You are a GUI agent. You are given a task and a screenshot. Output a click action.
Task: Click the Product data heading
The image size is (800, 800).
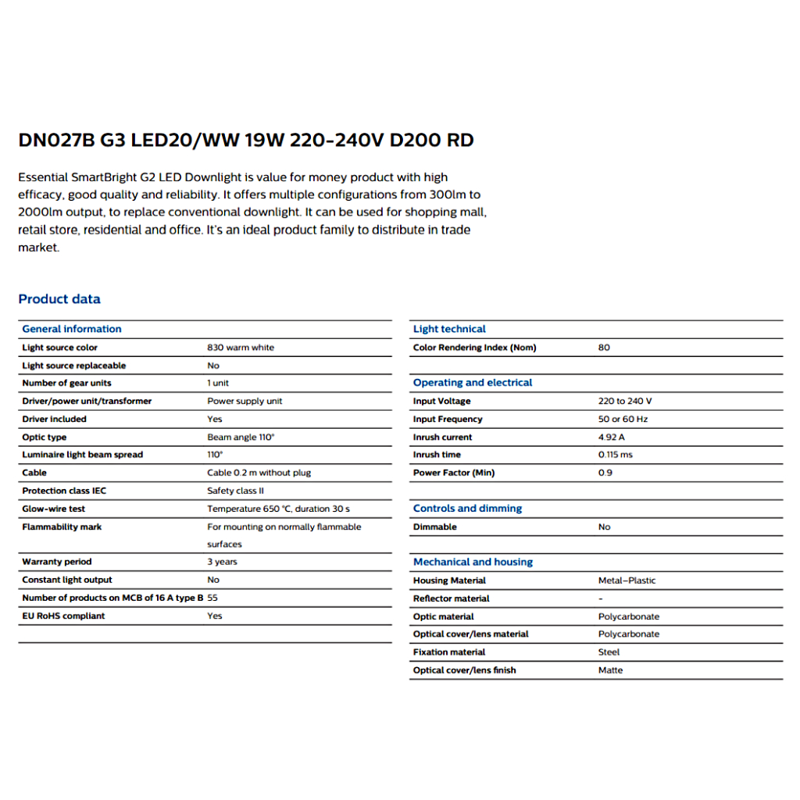pyautogui.click(x=59, y=299)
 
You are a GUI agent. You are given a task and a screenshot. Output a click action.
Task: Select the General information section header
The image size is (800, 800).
pyautogui.click(x=72, y=329)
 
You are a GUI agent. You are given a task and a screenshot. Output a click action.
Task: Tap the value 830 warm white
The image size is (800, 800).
pyautogui.click(x=241, y=348)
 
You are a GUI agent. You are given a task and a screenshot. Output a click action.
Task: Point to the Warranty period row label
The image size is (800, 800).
pyautogui.click(x=57, y=562)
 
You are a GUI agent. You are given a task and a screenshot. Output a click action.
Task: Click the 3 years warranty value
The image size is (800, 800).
pyautogui.click(x=222, y=562)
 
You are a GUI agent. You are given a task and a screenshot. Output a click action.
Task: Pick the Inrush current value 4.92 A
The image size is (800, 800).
pyautogui.click(x=612, y=437)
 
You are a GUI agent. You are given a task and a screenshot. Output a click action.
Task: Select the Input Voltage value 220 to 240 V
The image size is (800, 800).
pyautogui.click(x=625, y=401)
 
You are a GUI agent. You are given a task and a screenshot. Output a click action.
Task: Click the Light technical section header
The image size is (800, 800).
pyautogui.click(x=449, y=329)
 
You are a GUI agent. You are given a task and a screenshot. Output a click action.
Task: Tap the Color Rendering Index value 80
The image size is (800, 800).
pyautogui.click(x=604, y=348)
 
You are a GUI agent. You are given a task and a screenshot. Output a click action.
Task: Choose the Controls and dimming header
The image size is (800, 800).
pyautogui.click(x=467, y=509)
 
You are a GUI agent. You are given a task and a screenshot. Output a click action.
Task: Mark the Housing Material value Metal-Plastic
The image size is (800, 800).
pyautogui.click(x=627, y=580)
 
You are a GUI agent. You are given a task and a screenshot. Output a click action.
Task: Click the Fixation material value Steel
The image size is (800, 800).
pyautogui.click(x=609, y=652)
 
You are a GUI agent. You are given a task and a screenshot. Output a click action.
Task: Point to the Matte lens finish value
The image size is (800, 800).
pyautogui.click(x=610, y=670)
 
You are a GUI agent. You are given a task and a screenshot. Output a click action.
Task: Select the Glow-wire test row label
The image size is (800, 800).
pyautogui.click(x=54, y=509)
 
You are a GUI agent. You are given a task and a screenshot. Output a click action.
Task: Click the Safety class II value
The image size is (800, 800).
pyautogui.click(x=235, y=491)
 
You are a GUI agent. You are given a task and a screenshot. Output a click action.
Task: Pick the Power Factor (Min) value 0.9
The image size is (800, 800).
pyautogui.click(x=605, y=473)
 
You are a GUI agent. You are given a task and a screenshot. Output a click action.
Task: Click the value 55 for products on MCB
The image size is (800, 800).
pyautogui.click(x=212, y=598)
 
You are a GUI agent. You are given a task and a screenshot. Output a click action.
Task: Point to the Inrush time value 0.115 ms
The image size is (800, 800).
pyautogui.click(x=616, y=455)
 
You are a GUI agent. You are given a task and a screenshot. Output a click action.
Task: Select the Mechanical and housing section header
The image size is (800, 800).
pyautogui.click(x=473, y=562)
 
